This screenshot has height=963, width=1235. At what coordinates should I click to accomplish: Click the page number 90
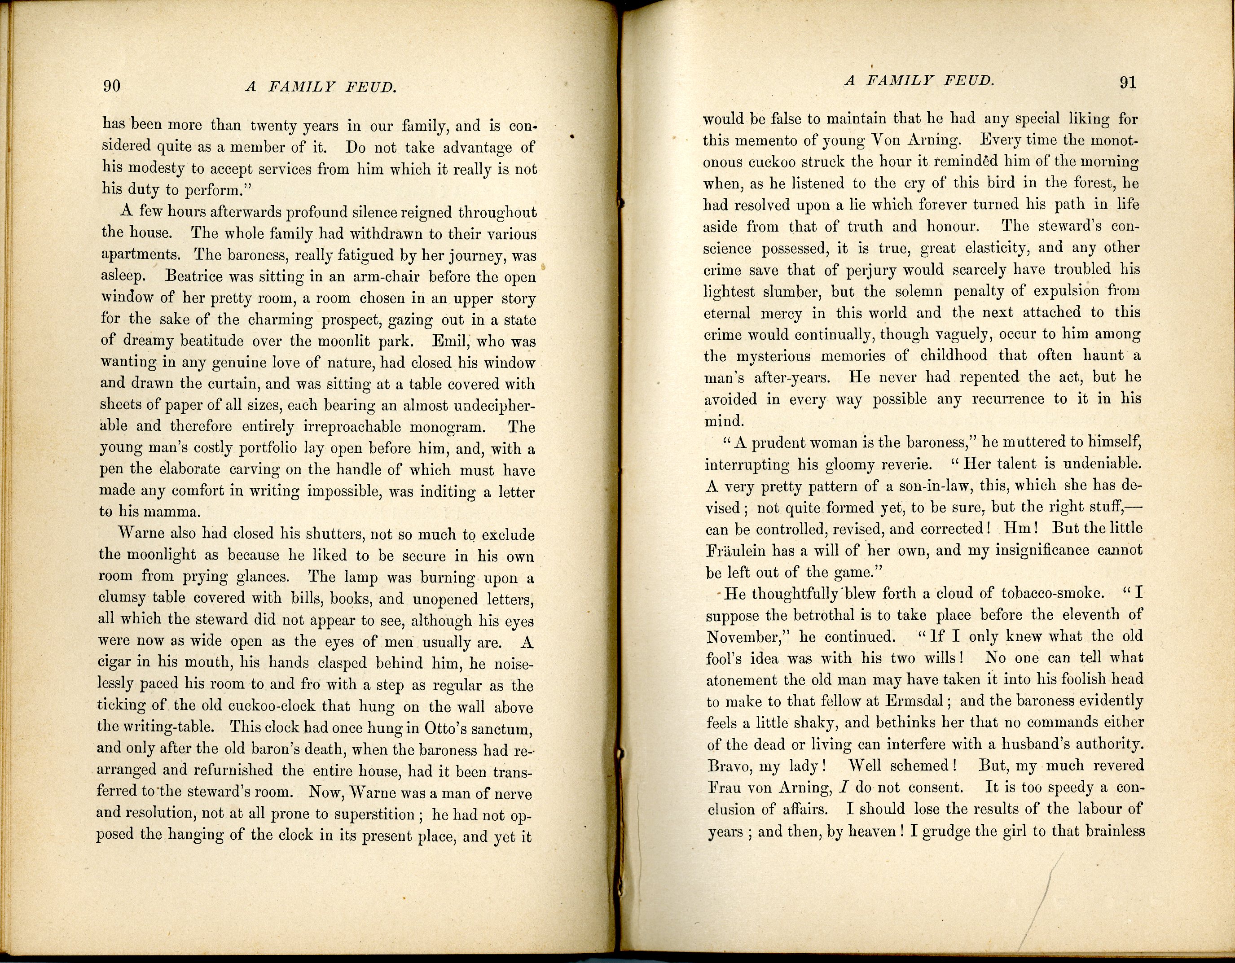coord(111,85)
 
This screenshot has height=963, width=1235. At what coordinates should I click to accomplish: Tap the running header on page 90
coord(320,87)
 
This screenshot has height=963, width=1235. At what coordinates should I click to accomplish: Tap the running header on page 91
coord(919,81)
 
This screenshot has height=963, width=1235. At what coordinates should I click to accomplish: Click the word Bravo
coord(730,766)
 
